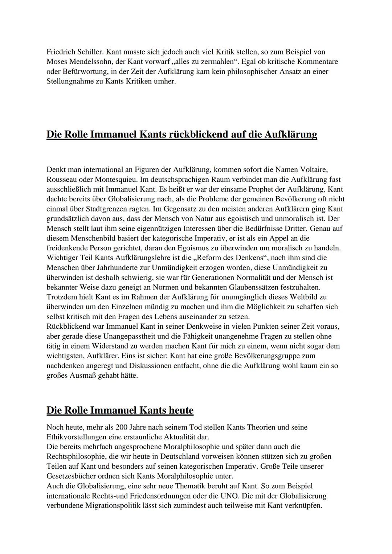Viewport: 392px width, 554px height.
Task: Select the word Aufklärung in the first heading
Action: (290, 134)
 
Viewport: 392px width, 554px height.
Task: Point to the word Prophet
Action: (258, 189)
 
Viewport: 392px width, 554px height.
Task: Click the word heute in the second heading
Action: (181, 410)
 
